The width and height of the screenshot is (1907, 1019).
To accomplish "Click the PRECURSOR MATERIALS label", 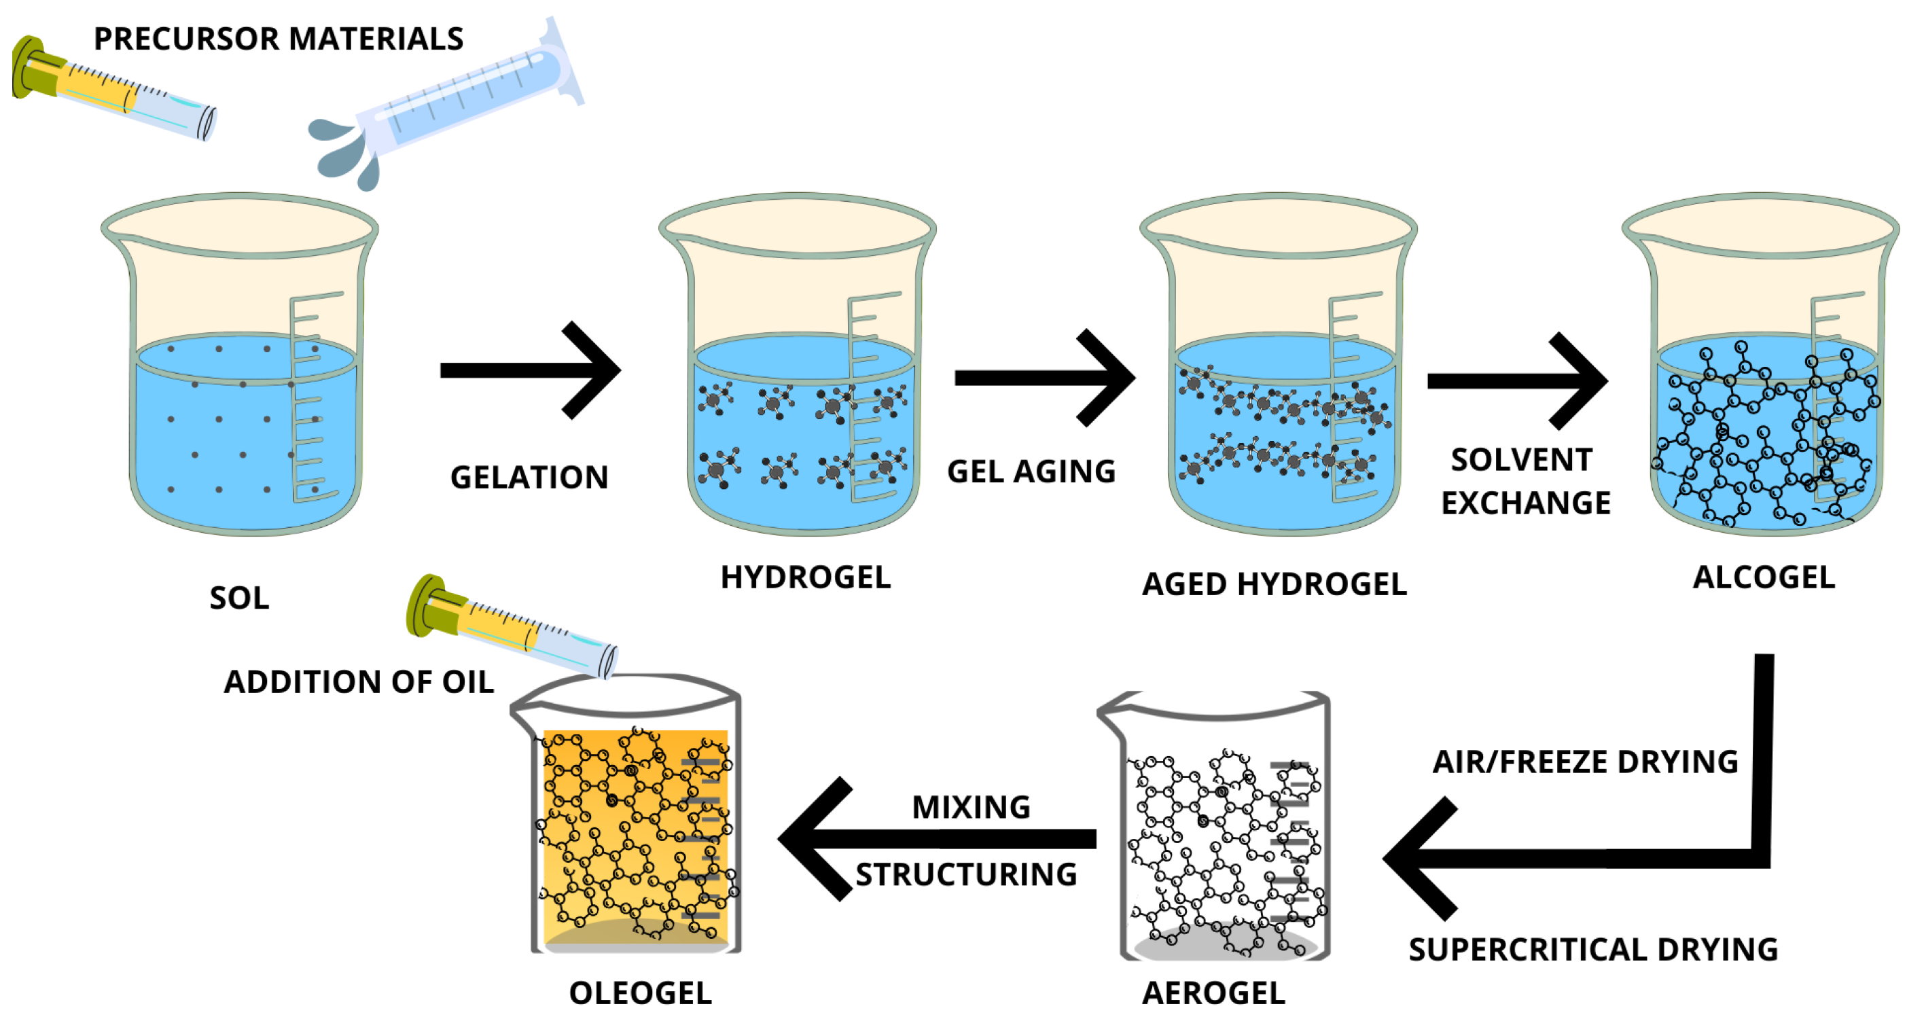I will [279, 39].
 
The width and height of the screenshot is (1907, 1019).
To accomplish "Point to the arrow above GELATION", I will [529, 370].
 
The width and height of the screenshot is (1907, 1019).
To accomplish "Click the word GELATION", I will [529, 478].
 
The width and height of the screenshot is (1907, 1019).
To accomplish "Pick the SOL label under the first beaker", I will [239, 598].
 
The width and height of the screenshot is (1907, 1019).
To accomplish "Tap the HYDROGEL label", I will [806, 577].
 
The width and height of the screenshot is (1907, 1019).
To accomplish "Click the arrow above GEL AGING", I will [1044, 378].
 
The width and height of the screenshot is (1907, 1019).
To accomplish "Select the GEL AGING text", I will [1031, 471].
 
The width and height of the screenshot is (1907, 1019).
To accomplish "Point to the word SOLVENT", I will [1522, 459].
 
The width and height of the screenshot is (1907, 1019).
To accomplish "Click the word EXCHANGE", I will [1526, 503].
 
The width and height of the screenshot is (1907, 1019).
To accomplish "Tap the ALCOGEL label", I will [1764, 577].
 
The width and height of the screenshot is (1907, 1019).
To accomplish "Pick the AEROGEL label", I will [1214, 993].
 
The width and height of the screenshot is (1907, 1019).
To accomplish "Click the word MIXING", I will [972, 806].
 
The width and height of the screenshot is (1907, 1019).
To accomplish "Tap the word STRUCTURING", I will [966, 875].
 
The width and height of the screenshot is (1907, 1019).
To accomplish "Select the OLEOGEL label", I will [641, 993].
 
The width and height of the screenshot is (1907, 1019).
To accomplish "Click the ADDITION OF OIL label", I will [359, 681].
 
